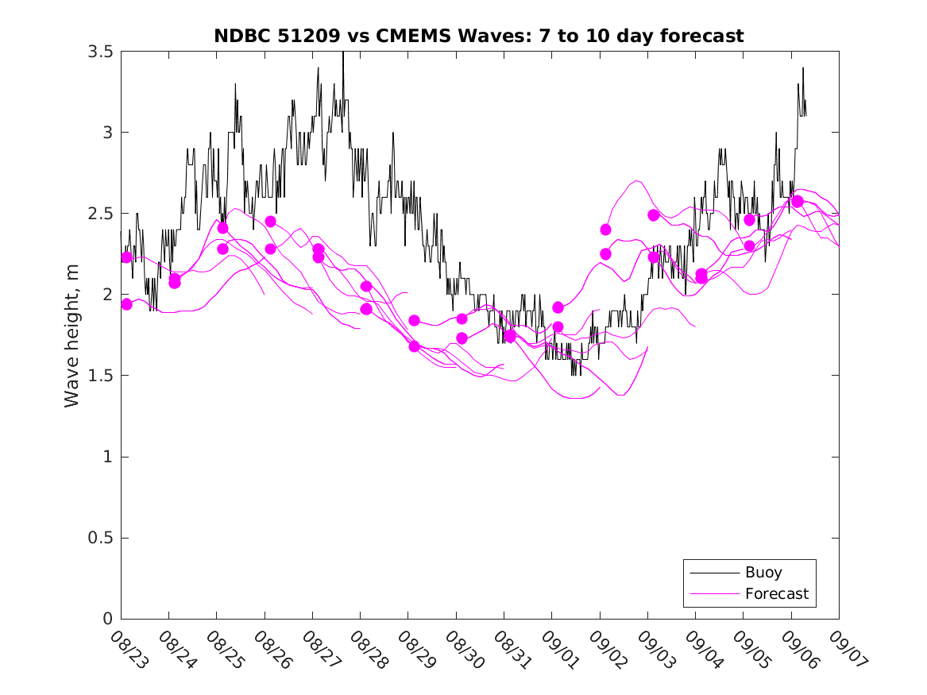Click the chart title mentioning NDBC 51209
point(478,36)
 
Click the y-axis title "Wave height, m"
point(72,335)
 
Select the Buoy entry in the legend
point(763,572)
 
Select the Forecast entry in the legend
point(776,593)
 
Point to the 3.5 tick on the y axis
point(100,52)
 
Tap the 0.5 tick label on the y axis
point(100,539)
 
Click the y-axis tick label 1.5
point(100,376)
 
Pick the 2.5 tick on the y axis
point(100,214)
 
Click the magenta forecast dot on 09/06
point(798,201)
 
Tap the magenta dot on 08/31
point(510,336)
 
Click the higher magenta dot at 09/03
point(654,215)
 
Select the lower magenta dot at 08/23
point(126,304)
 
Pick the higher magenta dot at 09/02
point(605,230)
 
